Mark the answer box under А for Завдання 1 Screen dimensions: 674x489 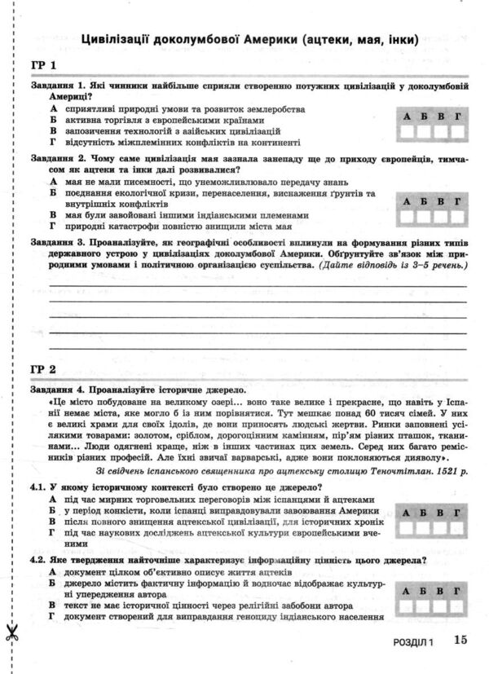(x=407, y=132)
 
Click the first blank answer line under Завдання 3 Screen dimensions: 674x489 (x=258, y=286)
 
